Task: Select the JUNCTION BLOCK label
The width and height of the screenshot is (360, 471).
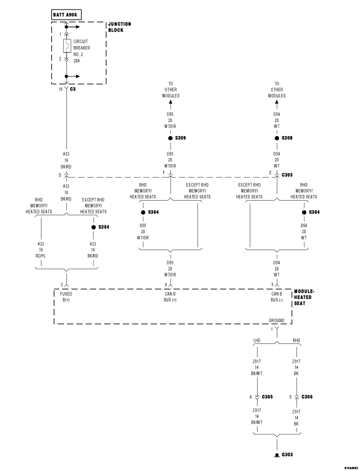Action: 119,28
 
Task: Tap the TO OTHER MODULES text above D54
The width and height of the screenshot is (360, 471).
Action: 277,89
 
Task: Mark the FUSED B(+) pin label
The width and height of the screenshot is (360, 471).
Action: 66,296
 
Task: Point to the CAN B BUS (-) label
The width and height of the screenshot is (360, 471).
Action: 277,296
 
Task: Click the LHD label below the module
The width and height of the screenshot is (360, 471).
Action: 257,340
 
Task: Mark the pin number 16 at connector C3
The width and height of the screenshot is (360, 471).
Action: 61,88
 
